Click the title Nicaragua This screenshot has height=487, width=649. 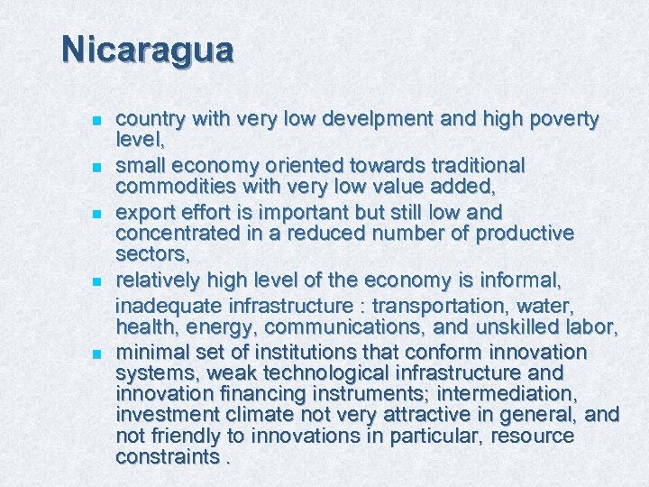pos(148,49)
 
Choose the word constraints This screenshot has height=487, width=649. pos(167,456)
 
